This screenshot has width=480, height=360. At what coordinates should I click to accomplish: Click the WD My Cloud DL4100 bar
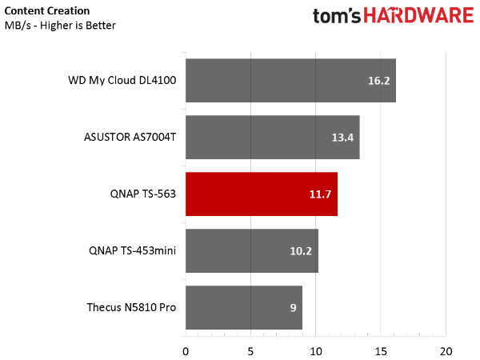click(x=290, y=81)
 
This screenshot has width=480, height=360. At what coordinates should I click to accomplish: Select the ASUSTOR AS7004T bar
click(x=273, y=137)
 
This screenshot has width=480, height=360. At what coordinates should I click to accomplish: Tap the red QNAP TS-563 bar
click(x=262, y=194)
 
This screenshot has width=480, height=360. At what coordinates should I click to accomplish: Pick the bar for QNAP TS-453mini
click(x=252, y=250)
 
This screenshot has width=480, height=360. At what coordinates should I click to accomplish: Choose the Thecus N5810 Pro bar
click(x=244, y=308)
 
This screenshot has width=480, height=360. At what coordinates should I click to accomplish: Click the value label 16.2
click(x=378, y=81)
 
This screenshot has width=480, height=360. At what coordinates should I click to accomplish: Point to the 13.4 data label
click(x=342, y=138)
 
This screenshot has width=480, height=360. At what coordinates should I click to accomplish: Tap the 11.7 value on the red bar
click(x=320, y=194)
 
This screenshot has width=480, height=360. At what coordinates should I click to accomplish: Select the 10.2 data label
click(x=301, y=251)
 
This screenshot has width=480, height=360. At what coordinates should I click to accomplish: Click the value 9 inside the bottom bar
click(x=294, y=308)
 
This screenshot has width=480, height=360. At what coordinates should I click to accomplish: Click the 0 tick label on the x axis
click(x=186, y=351)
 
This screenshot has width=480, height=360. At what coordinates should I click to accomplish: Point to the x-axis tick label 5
click(x=250, y=351)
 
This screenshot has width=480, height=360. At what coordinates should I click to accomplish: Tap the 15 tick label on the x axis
click(x=381, y=351)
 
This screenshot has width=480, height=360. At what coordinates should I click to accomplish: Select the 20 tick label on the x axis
click(x=446, y=351)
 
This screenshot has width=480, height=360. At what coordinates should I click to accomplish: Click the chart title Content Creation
click(x=47, y=10)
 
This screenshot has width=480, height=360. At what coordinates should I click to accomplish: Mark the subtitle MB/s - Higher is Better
click(x=60, y=26)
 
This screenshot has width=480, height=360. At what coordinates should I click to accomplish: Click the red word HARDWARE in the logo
click(x=418, y=15)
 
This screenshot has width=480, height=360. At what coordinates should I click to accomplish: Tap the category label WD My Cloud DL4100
click(x=122, y=80)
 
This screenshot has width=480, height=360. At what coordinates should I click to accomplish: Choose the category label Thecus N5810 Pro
click(x=131, y=307)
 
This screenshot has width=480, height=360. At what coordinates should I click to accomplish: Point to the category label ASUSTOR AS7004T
click(x=130, y=137)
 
